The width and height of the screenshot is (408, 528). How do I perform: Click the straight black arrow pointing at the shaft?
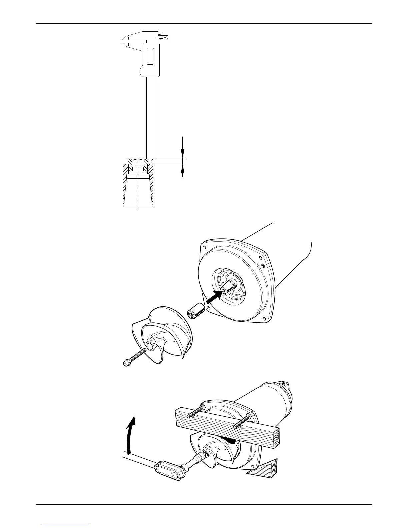click(x=214, y=296)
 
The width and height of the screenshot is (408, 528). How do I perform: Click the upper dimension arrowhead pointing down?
click(x=182, y=153)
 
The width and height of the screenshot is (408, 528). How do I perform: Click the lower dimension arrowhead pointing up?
click(x=182, y=168)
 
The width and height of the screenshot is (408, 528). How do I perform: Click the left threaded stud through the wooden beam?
click(x=195, y=412)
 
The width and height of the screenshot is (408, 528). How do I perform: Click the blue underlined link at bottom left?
click(x=66, y=525)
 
